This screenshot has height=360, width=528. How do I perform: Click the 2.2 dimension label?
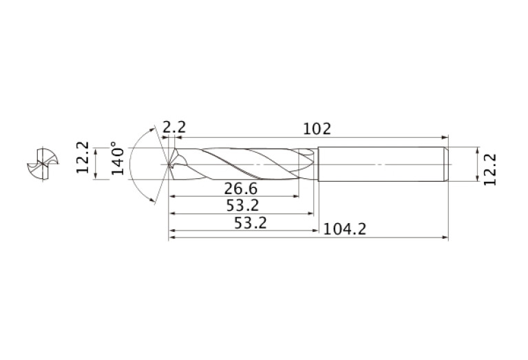coord(174,127)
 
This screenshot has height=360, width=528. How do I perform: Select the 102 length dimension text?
coord(317,128)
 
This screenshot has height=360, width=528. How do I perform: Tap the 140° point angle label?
coord(118,159)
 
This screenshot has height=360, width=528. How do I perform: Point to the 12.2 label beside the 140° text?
coord(83,157)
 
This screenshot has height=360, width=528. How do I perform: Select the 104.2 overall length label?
coord(345,229)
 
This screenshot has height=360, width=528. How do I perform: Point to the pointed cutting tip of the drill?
coord(169,165)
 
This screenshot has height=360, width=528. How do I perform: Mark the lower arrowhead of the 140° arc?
coord(152,200)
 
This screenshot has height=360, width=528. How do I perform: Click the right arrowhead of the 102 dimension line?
coord(445,137)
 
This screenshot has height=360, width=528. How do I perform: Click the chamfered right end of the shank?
coord(446,165)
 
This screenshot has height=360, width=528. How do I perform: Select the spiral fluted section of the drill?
coord(241,165)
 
